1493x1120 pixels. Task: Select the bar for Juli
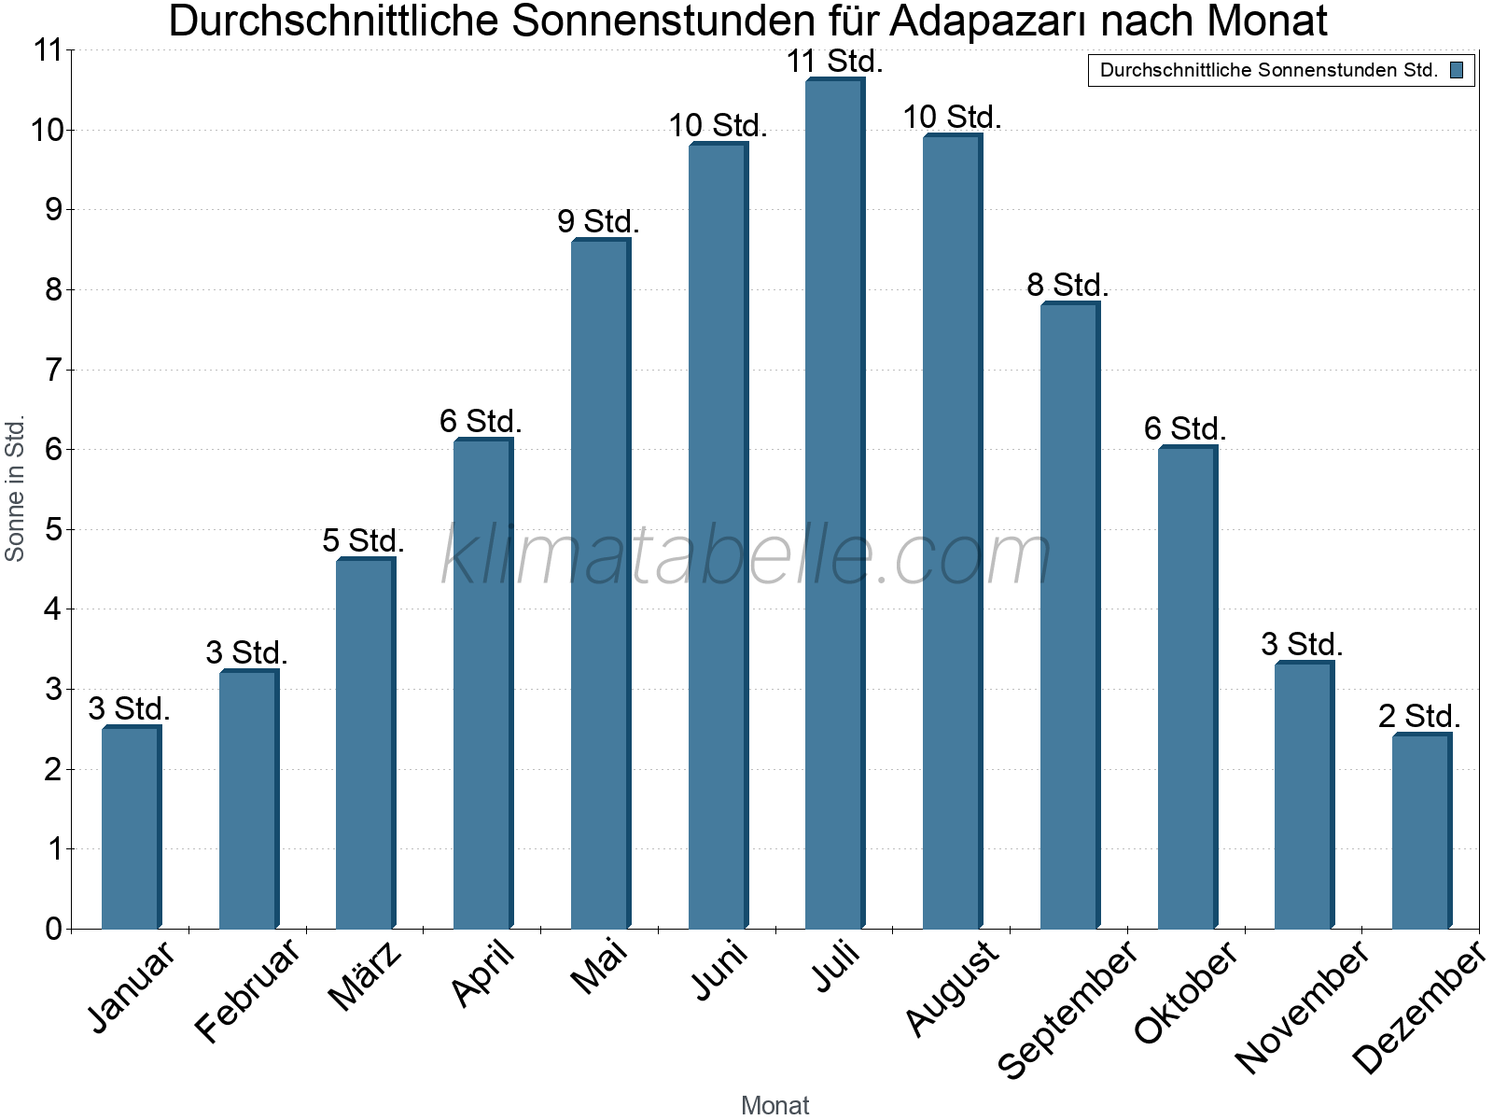[834, 504]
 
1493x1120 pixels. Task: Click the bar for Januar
[131, 827]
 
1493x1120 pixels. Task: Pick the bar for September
[1069, 616]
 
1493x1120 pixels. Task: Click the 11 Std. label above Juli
[834, 62]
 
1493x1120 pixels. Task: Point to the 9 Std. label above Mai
[598, 222]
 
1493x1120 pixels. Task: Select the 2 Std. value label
[1419, 717]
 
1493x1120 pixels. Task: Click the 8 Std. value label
[1067, 286]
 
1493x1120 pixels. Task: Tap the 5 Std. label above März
[363, 541]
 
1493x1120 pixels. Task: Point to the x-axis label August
[952, 987]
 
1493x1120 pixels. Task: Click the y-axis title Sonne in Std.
[15, 489]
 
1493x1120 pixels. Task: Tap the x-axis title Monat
[774, 1106]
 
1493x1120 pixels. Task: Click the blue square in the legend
[1457, 70]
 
